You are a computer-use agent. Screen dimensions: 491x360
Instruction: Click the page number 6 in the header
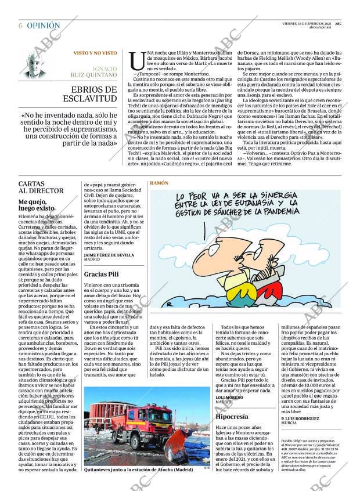pyautogui.click(x=20, y=26)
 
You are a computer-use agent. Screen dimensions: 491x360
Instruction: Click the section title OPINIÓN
pyautogui.click(x=43, y=26)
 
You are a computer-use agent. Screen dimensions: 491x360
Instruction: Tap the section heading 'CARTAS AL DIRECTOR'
pyautogui.click(x=41, y=187)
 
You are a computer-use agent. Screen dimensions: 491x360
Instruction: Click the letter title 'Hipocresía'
pyautogui.click(x=232, y=417)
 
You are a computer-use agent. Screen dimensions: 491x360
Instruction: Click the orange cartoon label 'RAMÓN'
pyautogui.click(x=159, y=183)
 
